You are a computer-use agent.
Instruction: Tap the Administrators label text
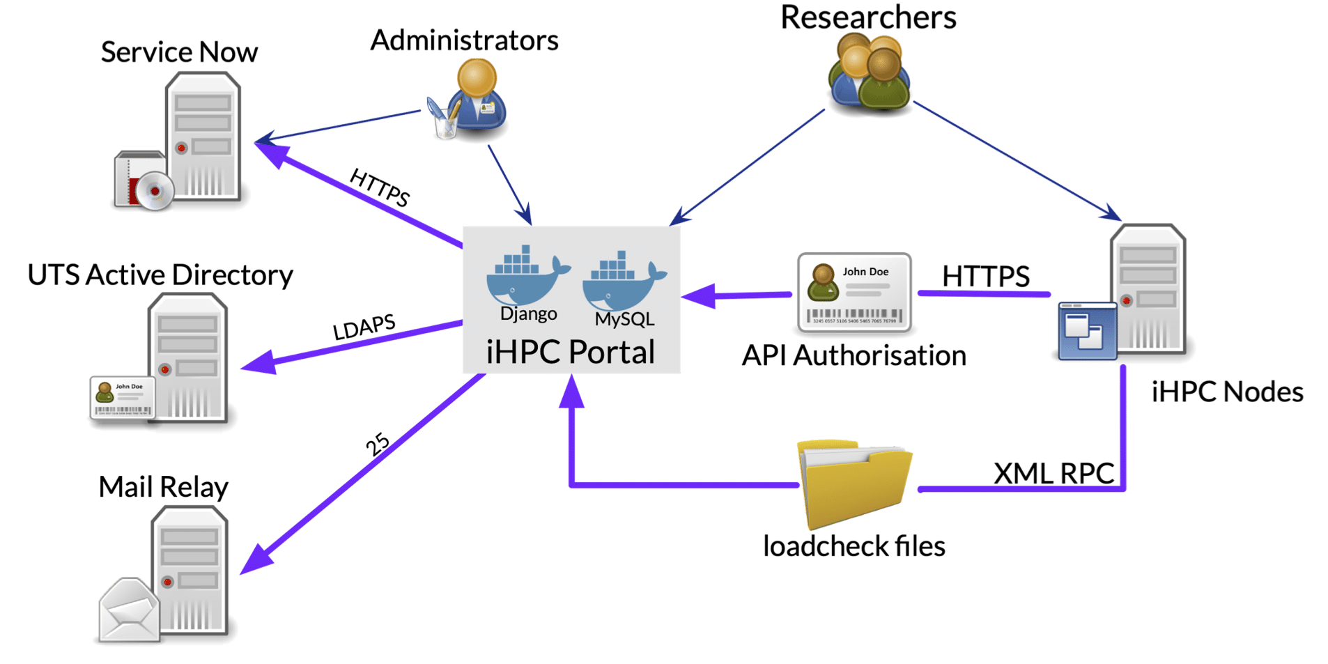pyautogui.click(x=464, y=40)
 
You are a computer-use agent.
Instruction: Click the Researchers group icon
pyautogui.click(x=869, y=73)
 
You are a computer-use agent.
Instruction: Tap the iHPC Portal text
pyautogui.click(x=570, y=352)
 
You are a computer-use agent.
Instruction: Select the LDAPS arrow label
pyautogui.click(x=364, y=326)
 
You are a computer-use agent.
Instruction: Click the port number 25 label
pyautogui.click(x=378, y=444)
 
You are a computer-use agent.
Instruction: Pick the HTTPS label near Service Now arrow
pyautogui.click(x=380, y=187)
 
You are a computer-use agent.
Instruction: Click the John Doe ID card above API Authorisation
pyautogui.click(x=854, y=293)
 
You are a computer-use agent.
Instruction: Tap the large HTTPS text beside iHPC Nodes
pyautogui.click(x=985, y=276)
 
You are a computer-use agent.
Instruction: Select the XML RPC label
pyautogui.click(x=1053, y=473)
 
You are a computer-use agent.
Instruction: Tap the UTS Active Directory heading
pyautogui.click(x=160, y=275)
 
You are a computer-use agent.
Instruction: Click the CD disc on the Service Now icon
pyautogui.click(x=155, y=190)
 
